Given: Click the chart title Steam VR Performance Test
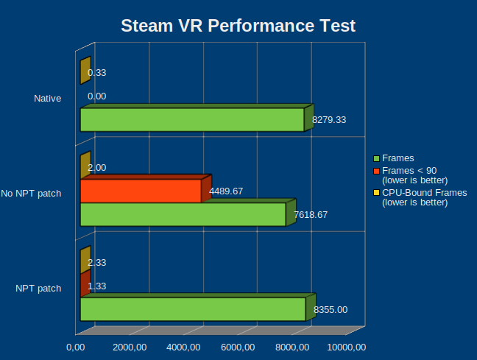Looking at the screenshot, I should pos(238,27).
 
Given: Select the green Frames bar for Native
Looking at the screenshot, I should pos(191,120).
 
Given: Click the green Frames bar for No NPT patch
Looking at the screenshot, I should pos(183,214).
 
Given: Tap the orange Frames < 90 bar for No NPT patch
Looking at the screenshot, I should pos(140,191).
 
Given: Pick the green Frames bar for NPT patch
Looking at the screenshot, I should pos(192,309).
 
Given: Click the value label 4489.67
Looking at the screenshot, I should pos(226,191).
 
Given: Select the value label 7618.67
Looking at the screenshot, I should pos(310,215).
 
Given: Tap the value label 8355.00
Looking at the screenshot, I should pos(331,310).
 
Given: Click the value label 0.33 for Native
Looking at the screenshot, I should pos(96,73).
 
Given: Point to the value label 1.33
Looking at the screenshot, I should pos(96,286).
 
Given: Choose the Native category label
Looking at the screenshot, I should pos(47,98).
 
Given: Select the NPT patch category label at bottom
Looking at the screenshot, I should pos(38,288).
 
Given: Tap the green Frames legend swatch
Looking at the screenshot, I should pos(376,158).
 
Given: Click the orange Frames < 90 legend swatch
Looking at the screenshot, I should pos(376,170).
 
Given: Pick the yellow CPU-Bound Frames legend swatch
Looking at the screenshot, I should pos(376,193).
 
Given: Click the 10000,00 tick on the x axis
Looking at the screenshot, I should pos(346,347).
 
